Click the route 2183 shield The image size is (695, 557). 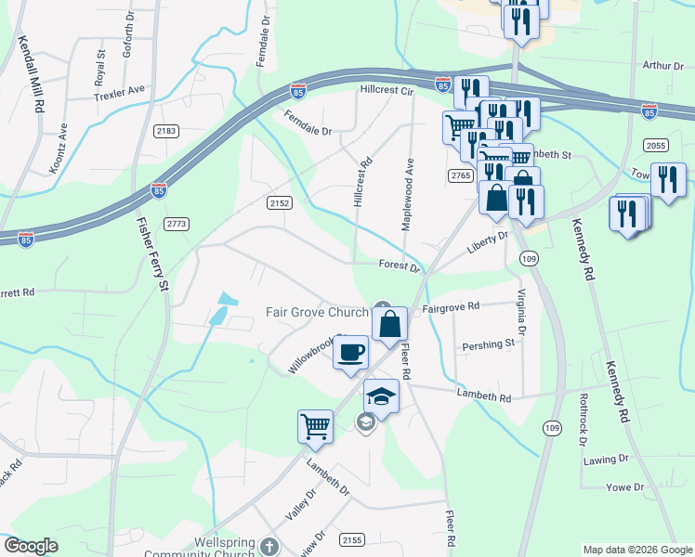[x=166, y=132]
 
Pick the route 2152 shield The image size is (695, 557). [x=280, y=202]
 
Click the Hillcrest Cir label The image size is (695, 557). [x=386, y=91]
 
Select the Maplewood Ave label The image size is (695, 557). [x=407, y=195]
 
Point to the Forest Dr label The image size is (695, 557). [x=400, y=266]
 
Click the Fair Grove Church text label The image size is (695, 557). [x=317, y=312]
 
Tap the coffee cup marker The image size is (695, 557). [x=351, y=353]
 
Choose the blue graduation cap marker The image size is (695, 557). [x=381, y=397]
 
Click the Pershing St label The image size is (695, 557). [x=489, y=344]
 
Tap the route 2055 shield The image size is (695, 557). [x=656, y=145]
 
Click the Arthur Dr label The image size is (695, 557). [x=663, y=65]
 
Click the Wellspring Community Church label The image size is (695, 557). [x=199, y=548]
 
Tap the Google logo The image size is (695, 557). [x=32, y=546]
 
